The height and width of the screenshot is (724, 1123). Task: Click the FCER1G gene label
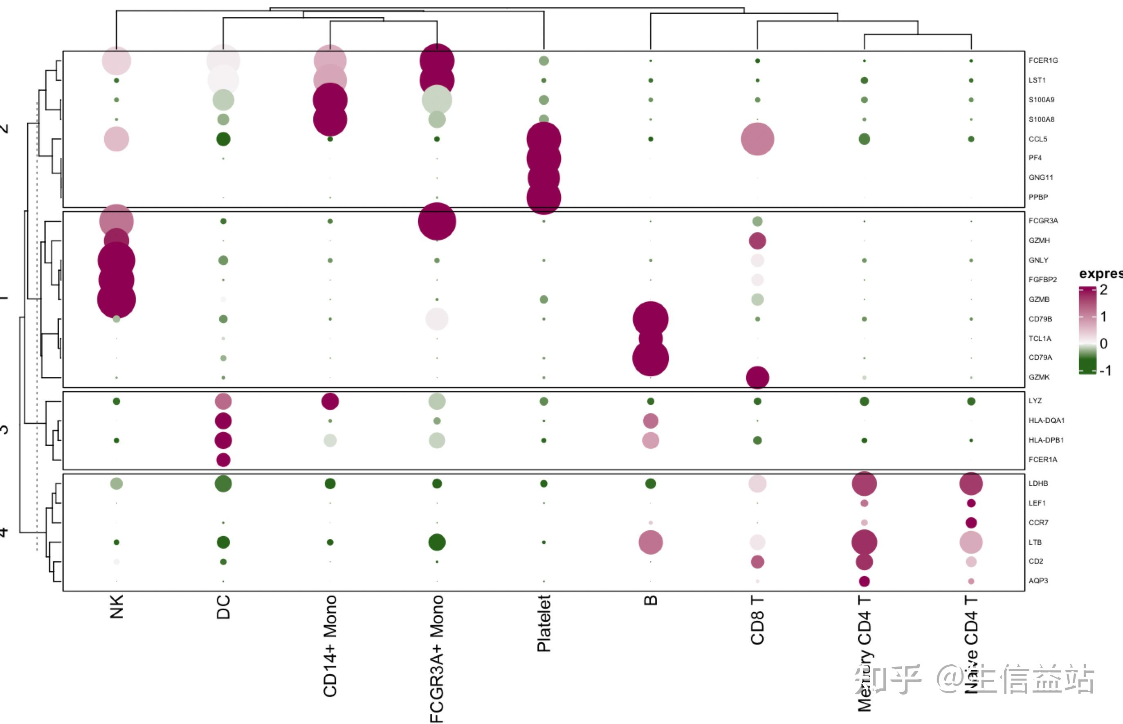coord(1042,61)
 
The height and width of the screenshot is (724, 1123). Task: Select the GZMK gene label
coord(1039,377)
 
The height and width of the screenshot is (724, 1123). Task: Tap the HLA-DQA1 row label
coord(1046,420)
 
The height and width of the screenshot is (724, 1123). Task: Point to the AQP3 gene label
coord(1038,581)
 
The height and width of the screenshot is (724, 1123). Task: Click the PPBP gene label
coord(1038,197)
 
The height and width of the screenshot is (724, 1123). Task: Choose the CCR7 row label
coord(1038,523)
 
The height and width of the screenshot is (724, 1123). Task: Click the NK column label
coord(116,607)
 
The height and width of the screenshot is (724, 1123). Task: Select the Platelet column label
coord(544,623)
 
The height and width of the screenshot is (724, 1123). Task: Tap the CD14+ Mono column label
coord(330,646)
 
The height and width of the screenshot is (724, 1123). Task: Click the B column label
coord(651,600)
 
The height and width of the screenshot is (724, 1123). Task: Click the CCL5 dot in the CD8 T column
coord(757,139)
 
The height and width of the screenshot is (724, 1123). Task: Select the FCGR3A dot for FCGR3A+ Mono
coord(437,221)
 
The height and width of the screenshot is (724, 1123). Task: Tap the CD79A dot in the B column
coord(651,358)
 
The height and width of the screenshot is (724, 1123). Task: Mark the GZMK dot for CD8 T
coord(757,378)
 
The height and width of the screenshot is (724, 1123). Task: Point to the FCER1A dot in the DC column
coord(223,460)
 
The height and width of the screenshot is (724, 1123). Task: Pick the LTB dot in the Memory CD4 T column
coord(864,542)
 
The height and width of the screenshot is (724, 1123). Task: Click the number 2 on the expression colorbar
coord(1103,290)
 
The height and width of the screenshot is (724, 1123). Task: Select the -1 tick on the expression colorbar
coord(1105,371)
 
